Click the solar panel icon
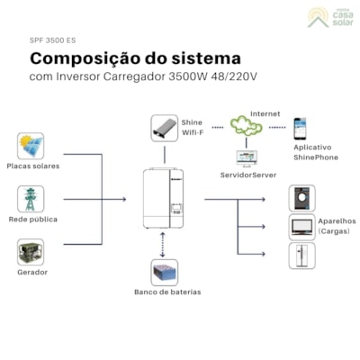(31, 145)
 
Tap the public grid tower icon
(31, 199)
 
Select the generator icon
(31, 252)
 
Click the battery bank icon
(164, 272)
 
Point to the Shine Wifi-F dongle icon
(164, 127)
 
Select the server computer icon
(247, 157)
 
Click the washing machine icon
(301, 198)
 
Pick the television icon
(301, 227)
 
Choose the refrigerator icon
(301, 256)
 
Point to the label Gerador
(31, 272)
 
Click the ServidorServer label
(249, 175)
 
